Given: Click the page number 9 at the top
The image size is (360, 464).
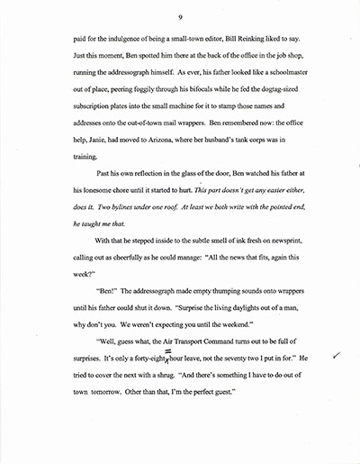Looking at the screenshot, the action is pos(181,16).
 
